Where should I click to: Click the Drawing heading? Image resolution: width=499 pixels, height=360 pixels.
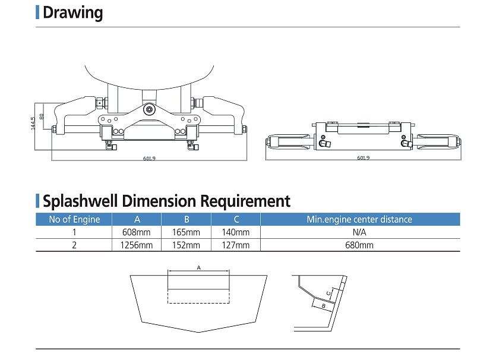[72, 12]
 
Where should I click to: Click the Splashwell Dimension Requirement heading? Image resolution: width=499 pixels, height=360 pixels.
[166, 201]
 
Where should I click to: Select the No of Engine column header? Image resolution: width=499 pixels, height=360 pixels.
[74, 219]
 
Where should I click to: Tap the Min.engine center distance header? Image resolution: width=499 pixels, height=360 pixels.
[359, 219]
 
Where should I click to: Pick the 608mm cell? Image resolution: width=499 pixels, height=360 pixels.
[137, 232]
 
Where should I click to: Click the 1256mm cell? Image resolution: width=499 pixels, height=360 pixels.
[137, 245]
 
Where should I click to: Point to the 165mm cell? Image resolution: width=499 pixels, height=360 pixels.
[187, 232]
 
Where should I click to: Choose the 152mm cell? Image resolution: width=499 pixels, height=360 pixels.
[187, 245]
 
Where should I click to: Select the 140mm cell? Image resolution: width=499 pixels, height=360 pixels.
[236, 232]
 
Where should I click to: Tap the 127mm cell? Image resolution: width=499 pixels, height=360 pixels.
[236, 245]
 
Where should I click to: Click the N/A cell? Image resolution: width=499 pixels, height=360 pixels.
[359, 232]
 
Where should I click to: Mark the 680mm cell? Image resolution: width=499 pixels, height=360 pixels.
[359, 245]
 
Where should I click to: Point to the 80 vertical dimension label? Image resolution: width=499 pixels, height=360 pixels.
[42, 116]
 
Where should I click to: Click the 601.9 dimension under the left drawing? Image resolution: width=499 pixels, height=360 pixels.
[149, 158]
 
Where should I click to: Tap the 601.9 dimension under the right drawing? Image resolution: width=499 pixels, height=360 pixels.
[363, 158]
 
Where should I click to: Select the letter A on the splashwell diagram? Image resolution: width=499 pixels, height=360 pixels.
[199, 268]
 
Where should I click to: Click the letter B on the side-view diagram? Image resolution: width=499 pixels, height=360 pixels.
[323, 305]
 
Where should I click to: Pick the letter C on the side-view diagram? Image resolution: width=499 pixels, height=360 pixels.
[328, 293]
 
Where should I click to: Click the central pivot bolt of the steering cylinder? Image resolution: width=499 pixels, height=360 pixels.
[149, 109]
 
